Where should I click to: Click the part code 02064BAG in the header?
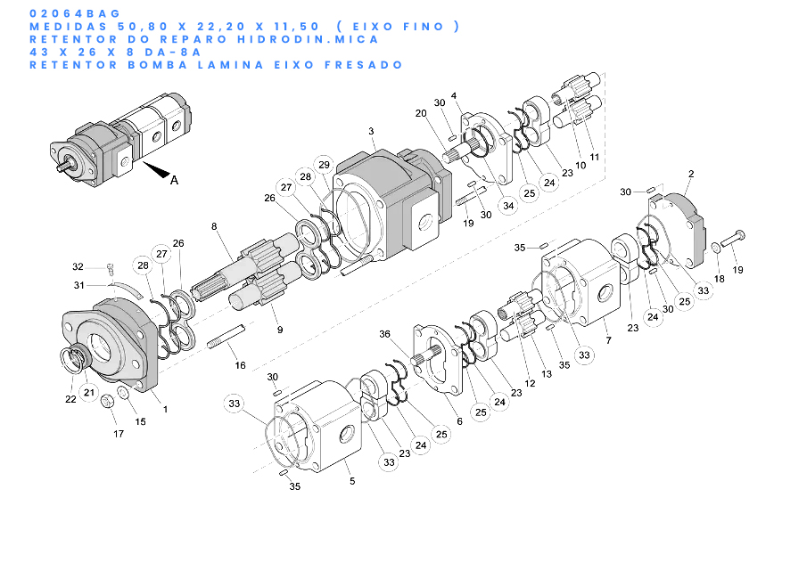(x=75, y=13)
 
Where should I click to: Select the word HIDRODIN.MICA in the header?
(x=308, y=39)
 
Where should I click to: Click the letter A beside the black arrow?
(x=174, y=180)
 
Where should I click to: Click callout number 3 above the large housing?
(x=371, y=131)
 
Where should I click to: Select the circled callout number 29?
(x=324, y=165)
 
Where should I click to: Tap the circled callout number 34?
(x=508, y=206)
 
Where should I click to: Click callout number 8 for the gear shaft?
(x=214, y=226)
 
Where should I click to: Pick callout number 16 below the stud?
(x=241, y=365)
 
